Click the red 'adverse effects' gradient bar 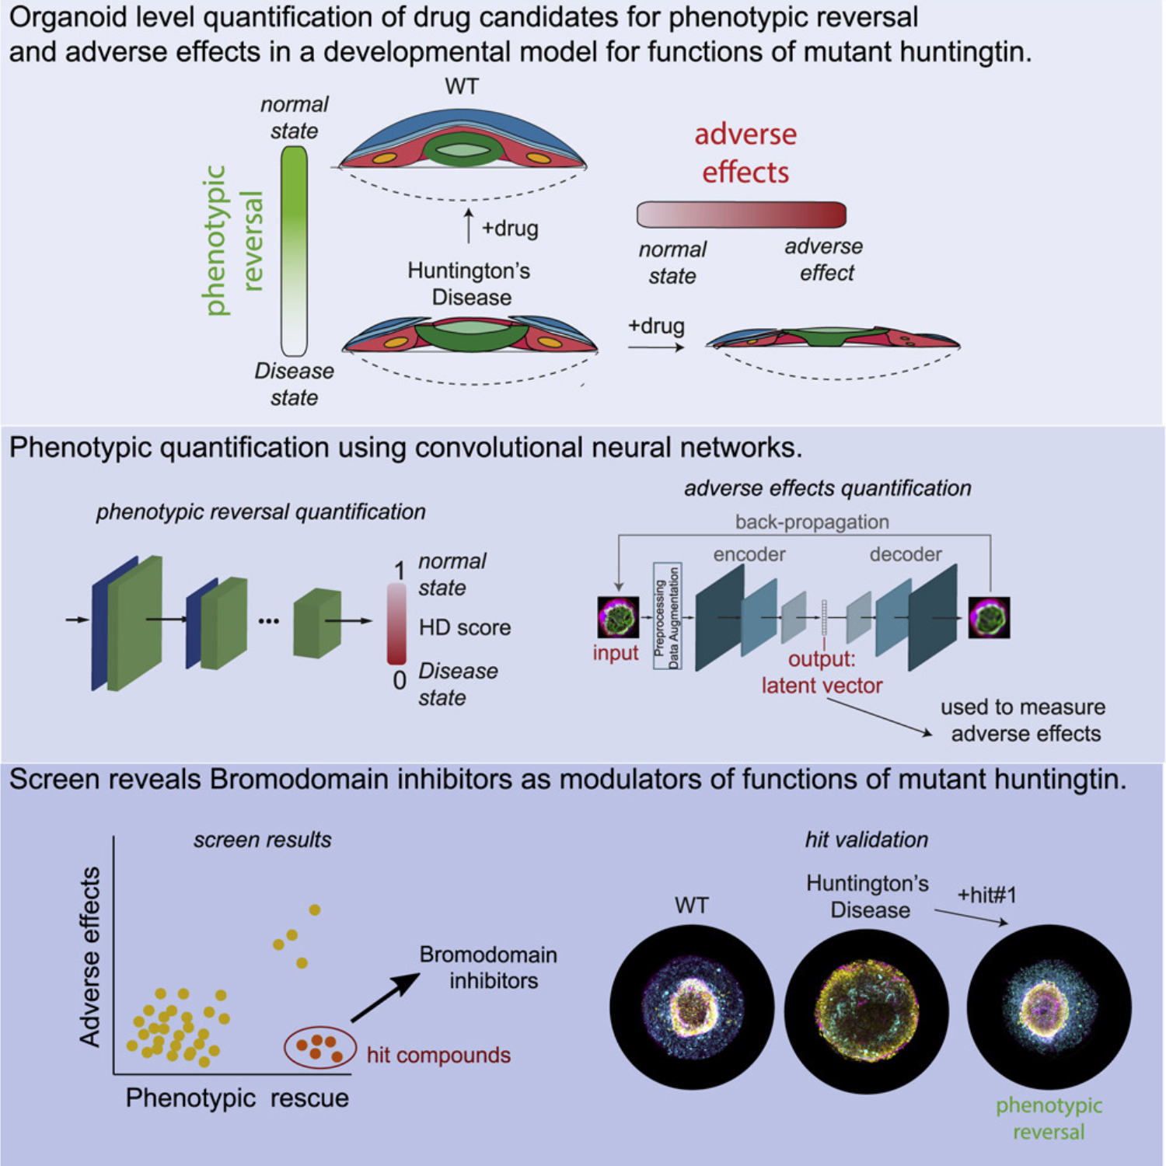click(x=741, y=215)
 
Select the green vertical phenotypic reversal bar click(x=294, y=250)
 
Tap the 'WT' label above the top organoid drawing click(x=462, y=86)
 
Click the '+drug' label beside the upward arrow click(x=510, y=229)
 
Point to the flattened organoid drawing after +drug click(x=833, y=339)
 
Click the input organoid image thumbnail click(x=618, y=618)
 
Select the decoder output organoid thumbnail click(x=989, y=618)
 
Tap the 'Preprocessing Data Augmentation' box click(x=667, y=616)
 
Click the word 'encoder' click(x=749, y=554)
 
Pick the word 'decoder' click(x=906, y=554)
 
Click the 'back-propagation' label click(x=812, y=522)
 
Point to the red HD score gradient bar click(x=396, y=623)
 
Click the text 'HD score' click(x=465, y=627)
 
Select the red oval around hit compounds click(x=320, y=1048)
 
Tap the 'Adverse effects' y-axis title click(x=90, y=957)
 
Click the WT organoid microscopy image click(x=692, y=1006)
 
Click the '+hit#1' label click(x=986, y=895)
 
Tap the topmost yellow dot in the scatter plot click(x=315, y=909)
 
